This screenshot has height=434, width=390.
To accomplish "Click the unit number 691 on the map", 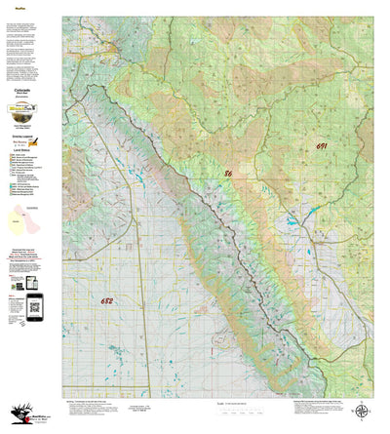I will pyautogui.click(x=323, y=145).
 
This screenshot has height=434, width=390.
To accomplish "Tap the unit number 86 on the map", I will pyautogui.click(x=228, y=173).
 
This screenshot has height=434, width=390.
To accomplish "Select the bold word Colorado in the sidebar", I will pyautogui.click(x=29, y=87).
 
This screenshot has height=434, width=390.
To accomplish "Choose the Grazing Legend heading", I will pyautogui.click(x=29, y=135).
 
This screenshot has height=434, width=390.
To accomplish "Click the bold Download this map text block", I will pyautogui.click(x=30, y=249).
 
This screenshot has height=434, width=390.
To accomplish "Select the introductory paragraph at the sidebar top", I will pyautogui.click(x=29, y=39).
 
